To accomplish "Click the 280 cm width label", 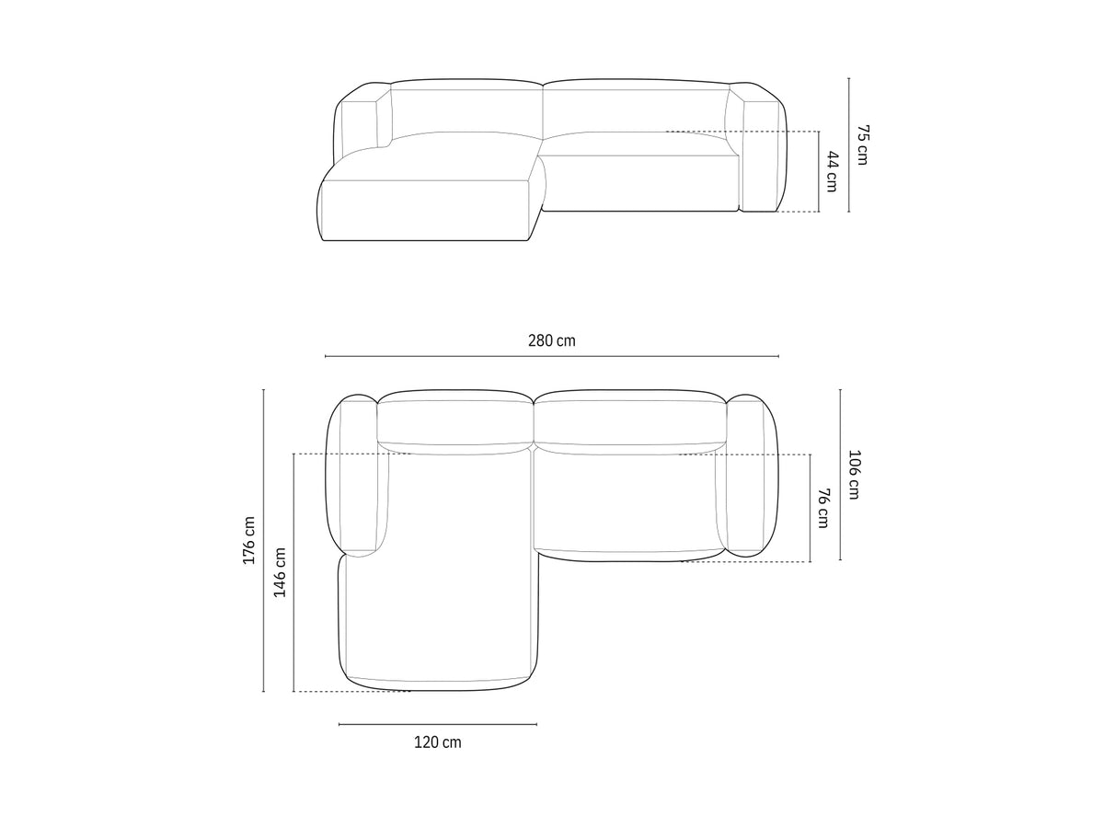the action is [552, 340].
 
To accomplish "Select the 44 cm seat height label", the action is [833, 171].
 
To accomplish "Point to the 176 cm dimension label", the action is [249, 540].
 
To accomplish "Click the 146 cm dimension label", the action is [280, 572].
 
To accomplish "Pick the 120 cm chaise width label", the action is [437, 742].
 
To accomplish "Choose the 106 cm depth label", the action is [854, 475].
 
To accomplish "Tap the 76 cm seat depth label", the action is [823, 508].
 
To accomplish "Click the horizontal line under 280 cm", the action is [552, 356].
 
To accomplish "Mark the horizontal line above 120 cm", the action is [438, 724].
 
